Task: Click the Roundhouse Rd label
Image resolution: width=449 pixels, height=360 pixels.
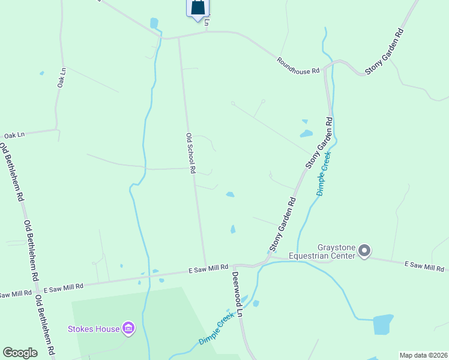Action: pyautogui.click(x=298, y=66)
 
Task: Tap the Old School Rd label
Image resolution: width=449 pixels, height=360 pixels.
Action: pyautogui.click(x=190, y=153)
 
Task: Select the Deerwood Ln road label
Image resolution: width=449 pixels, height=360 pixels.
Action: pyautogui.click(x=237, y=294)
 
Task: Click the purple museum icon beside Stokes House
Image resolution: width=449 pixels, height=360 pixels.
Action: pyautogui.click(x=128, y=328)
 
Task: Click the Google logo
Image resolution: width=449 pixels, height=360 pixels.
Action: pyautogui.click(x=20, y=353)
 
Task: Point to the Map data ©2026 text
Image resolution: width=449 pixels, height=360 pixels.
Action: pyautogui.click(x=423, y=355)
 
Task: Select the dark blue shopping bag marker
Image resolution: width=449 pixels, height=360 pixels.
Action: pyautogui.click(x=197, y=8)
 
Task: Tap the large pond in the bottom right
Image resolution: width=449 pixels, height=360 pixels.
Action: pyautogui.click(x=382, y=324)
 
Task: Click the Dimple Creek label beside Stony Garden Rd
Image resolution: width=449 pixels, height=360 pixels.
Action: pyautogui.click(x=324, y=173)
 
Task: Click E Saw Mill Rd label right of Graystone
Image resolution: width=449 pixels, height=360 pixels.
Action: pyautogui.click(x=425, y=265)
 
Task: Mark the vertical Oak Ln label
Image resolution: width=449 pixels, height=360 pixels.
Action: pyautogui.click(x=61, y=77)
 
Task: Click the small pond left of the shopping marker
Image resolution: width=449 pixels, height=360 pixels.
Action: pyautogui.click(x=154, y=23)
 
